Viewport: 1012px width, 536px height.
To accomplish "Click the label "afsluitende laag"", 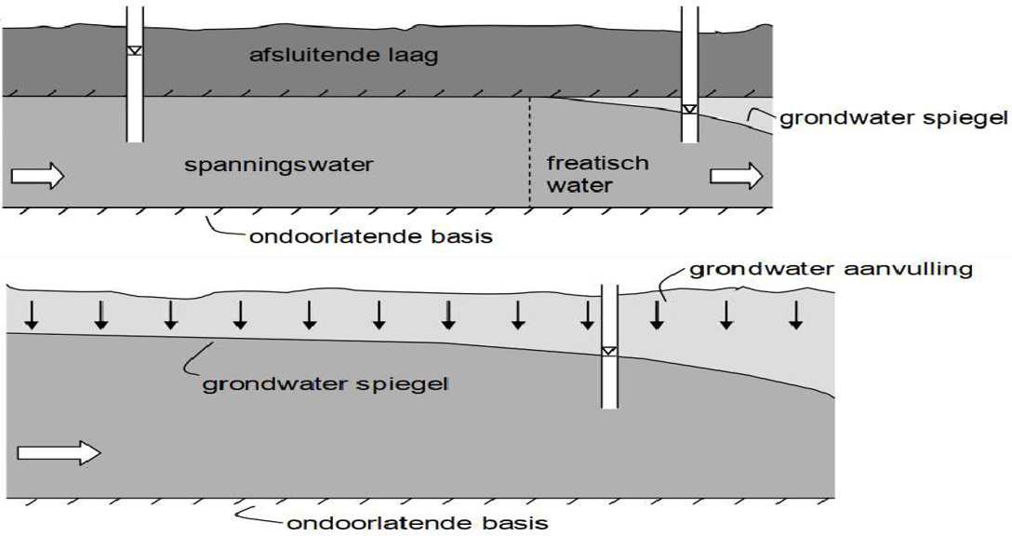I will coord(343,56).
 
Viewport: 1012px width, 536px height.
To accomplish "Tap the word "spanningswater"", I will coord(279,166).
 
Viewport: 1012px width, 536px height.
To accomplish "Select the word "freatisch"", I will coord(597,164).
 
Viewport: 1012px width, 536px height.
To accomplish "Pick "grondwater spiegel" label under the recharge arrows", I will coord(326,382).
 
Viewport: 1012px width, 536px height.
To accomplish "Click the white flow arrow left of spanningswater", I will coord(37,175).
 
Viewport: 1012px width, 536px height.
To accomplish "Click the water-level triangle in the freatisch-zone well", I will coord(689,109).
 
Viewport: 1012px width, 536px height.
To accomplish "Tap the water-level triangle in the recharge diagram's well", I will coord(609,351).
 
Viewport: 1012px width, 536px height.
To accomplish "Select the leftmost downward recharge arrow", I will coord(32,316).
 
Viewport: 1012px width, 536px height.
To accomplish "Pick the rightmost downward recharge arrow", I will coord(795,315).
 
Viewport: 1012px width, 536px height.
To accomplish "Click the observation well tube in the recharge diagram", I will coord(610,382).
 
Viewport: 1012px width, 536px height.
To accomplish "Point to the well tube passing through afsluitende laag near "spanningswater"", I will coord(135,93).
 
